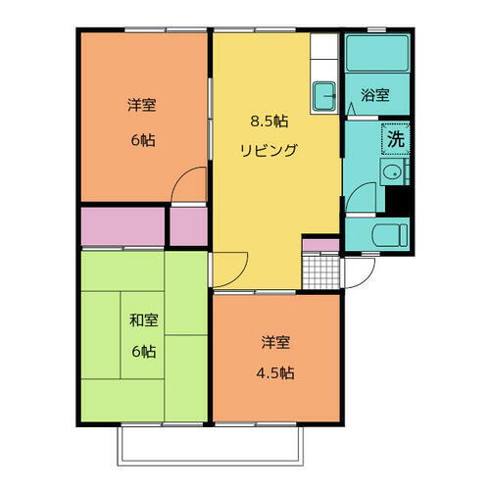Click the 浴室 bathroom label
click(374, 95)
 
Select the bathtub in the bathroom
click(378, 54)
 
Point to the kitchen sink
click(324, 96)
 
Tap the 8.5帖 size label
click(269, 122)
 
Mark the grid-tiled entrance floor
click(321, 269)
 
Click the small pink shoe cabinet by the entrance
click(320, 245)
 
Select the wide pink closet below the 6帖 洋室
click(122, 226)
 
